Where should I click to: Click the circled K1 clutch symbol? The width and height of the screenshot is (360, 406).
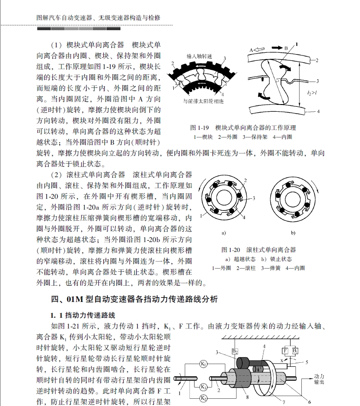click(x=203, y=364)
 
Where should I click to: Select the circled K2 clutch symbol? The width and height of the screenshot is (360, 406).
click(x=203, y=397)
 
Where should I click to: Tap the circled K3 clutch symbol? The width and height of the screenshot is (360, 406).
click(x=204, y=387)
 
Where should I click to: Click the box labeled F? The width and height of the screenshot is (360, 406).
click(x=285, y=351)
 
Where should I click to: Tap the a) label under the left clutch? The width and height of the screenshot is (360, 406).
click(x=223, y=233)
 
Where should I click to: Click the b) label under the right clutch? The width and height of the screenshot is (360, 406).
click(x=293, y=233)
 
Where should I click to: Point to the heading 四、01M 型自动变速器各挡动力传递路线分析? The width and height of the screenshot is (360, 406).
click(x=134, y=299)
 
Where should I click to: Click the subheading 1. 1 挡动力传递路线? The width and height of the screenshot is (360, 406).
click(x=86, y=315)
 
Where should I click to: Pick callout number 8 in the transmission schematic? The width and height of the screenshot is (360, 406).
click(x=247, y=397)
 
